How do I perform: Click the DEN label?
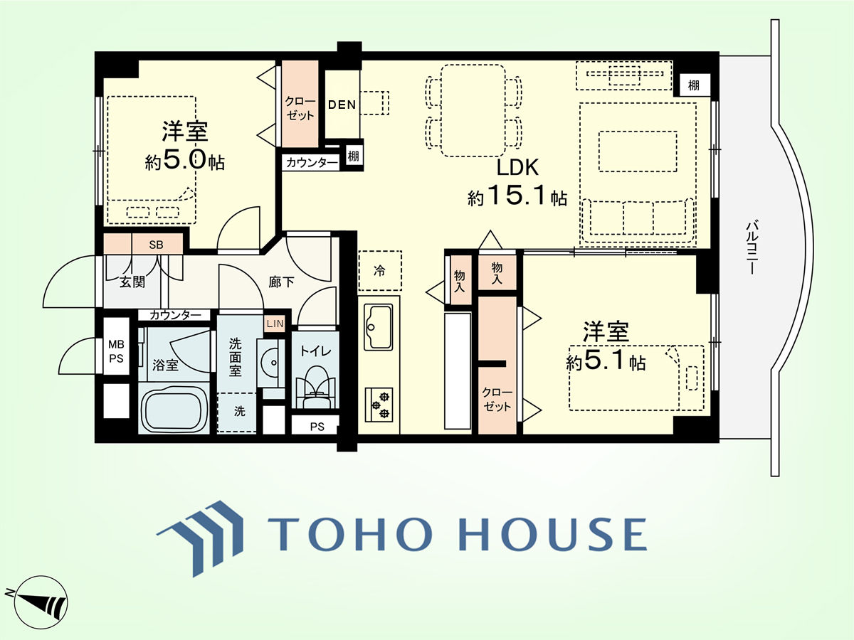coord(342,105)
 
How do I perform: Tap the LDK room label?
coord(517,168)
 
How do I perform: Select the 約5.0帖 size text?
coord(185,161)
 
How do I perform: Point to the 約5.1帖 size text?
coord(606,362)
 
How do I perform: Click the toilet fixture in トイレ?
coord(315,388)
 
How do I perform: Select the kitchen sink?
coord(378,327)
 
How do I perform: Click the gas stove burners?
coord(379,405)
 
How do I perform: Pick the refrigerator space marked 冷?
coord(380,270)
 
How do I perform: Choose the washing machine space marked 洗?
coord(236,412)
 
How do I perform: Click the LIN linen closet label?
coord(275,324)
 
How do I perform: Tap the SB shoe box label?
coord(156,245)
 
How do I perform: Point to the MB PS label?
coord(116,351)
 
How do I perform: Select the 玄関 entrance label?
coord(132,282)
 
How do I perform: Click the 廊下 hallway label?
coord(281,282)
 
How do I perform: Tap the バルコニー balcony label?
coord(752,247)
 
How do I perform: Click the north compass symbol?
coord(39,602)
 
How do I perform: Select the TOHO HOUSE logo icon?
coord(201,538)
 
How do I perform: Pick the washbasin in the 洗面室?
coord(270,363)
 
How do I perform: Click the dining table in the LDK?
coord(473,111)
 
